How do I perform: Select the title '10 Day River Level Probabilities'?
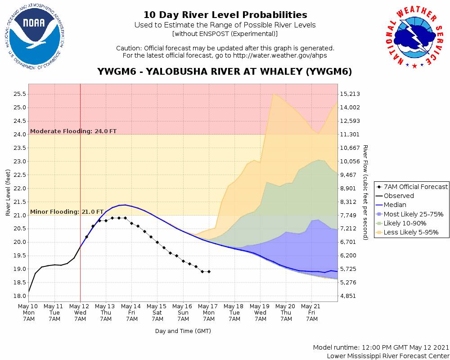pos(225,15)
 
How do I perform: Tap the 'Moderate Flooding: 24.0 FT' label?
pos(73,131)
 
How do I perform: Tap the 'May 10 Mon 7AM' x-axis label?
pos(29,312)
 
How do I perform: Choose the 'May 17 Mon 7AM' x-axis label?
pos(209,312)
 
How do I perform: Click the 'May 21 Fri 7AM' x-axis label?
pos(312,312)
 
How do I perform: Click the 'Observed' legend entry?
pos(399,196)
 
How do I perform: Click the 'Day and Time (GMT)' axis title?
pos(183,331)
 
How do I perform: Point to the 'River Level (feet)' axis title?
pos(8,192)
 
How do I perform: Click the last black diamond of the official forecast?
pos(209,272)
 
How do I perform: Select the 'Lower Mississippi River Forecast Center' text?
pos(388,356)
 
